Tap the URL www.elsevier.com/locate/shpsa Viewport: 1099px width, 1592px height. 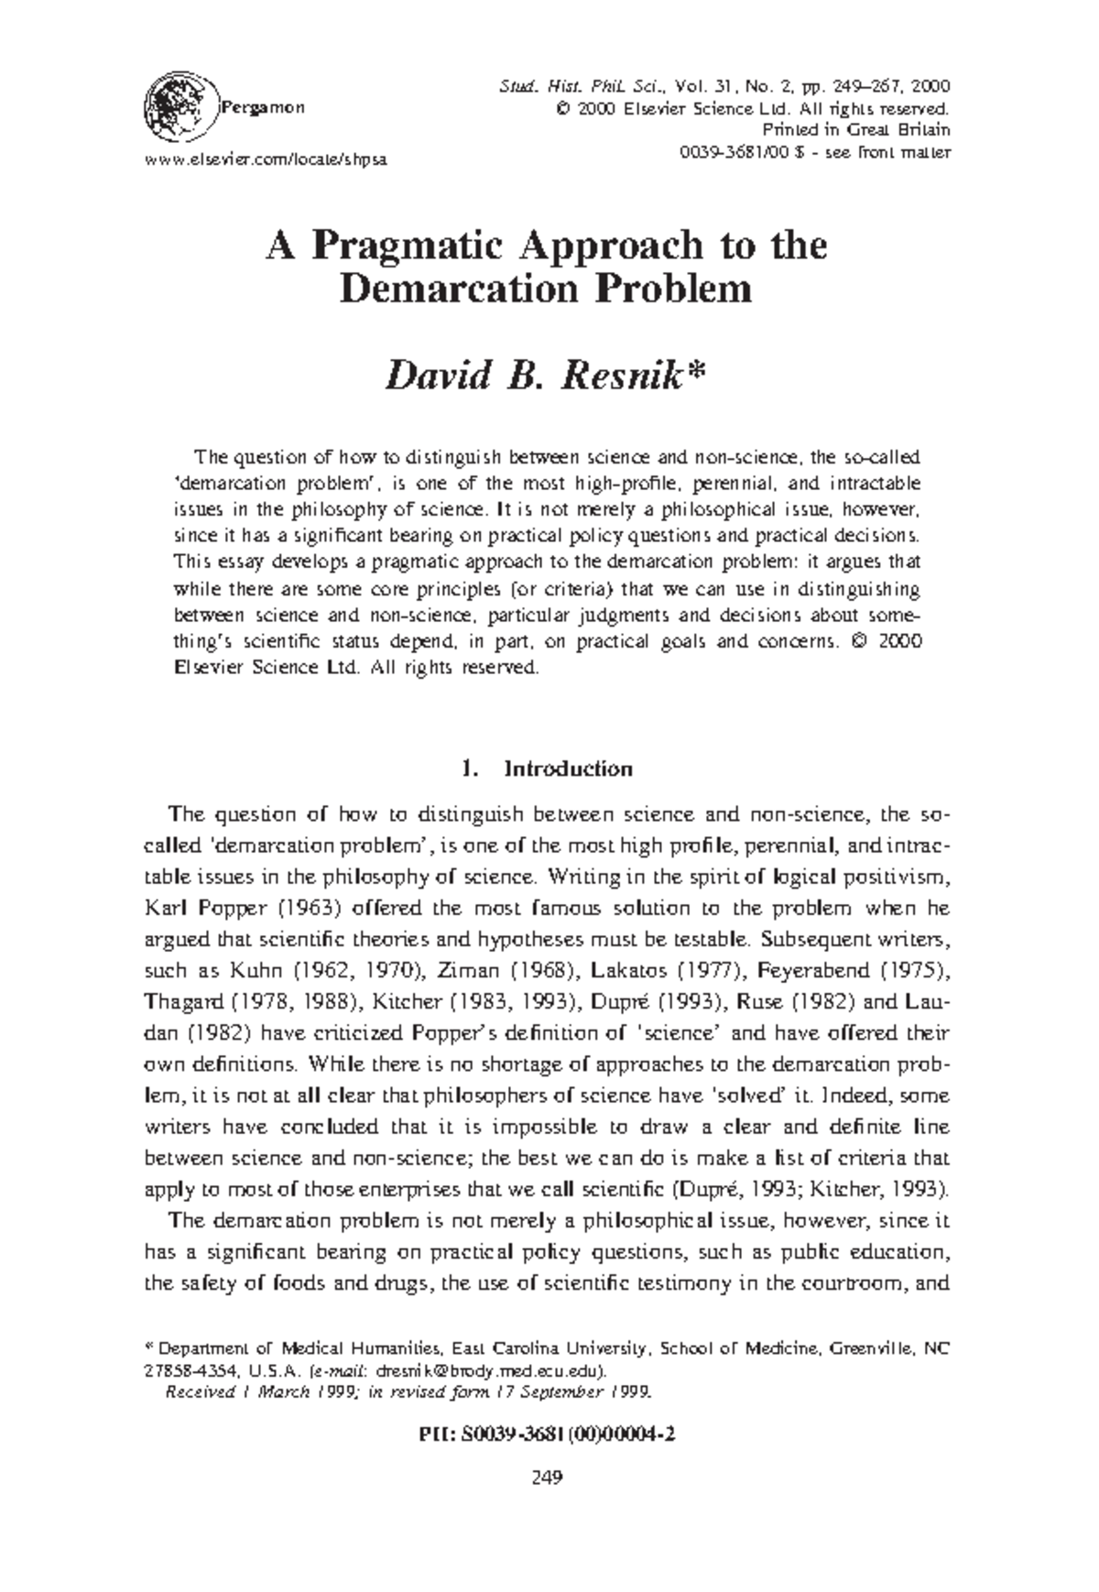267,158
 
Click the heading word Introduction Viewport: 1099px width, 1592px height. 568,769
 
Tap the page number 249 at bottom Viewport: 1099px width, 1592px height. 548,1476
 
